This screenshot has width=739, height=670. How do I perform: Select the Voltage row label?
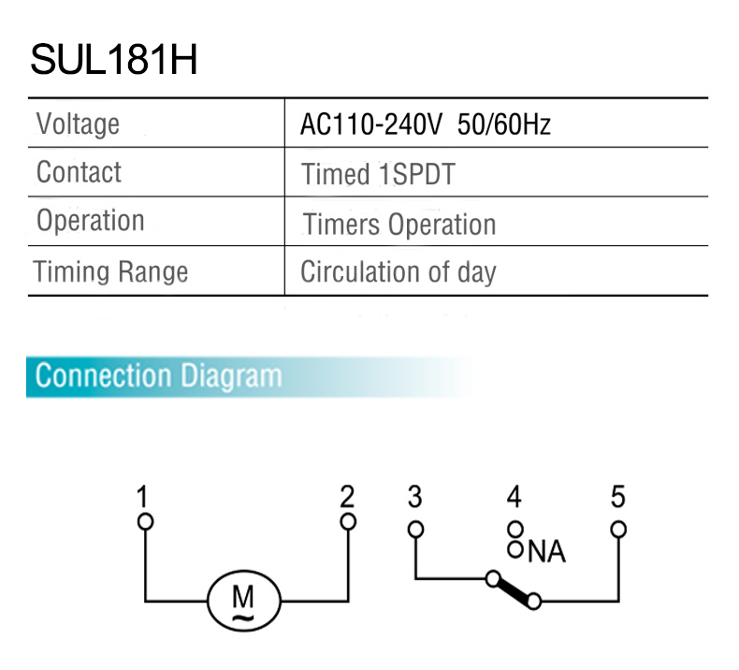coord(78,124)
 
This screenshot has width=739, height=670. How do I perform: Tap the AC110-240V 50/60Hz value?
coord(425,124)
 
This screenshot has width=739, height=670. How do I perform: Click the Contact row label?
coord(79,172)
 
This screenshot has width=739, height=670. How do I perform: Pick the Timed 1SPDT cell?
coord(378,174)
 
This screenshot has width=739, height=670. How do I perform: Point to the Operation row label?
coord(90,221)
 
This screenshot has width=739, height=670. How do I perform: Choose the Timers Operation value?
coord(399,225)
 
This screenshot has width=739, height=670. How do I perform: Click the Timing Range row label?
coord(110,271)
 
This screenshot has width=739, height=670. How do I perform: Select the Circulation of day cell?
coord(398,272)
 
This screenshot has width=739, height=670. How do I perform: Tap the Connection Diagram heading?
coord(157,376)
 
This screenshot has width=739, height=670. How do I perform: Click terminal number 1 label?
coord(142,497)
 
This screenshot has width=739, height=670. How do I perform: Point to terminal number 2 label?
coord(347,497)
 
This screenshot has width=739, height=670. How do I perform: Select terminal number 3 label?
coord(415,497)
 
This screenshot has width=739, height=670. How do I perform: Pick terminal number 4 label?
coord(514,497)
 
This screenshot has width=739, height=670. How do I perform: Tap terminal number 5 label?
coord(617,497)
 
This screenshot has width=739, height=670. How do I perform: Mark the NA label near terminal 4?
coord(546,552)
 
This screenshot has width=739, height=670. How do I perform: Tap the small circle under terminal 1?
coord(143,521)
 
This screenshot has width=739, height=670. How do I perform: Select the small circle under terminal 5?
coord(617,529)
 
